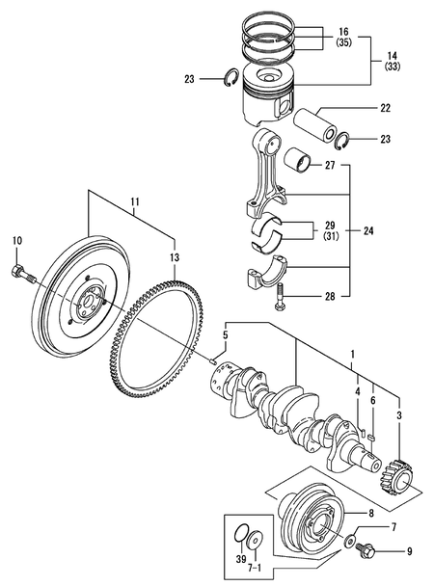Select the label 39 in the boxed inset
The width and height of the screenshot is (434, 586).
[240, 559]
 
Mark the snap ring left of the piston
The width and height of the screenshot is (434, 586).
[231, 80]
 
